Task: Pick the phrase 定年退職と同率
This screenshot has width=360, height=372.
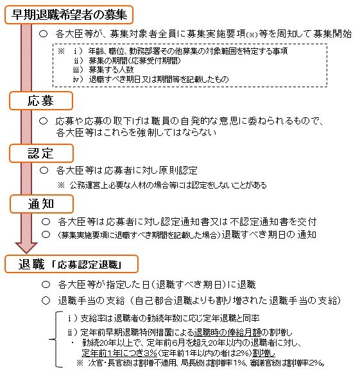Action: [235, 317]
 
